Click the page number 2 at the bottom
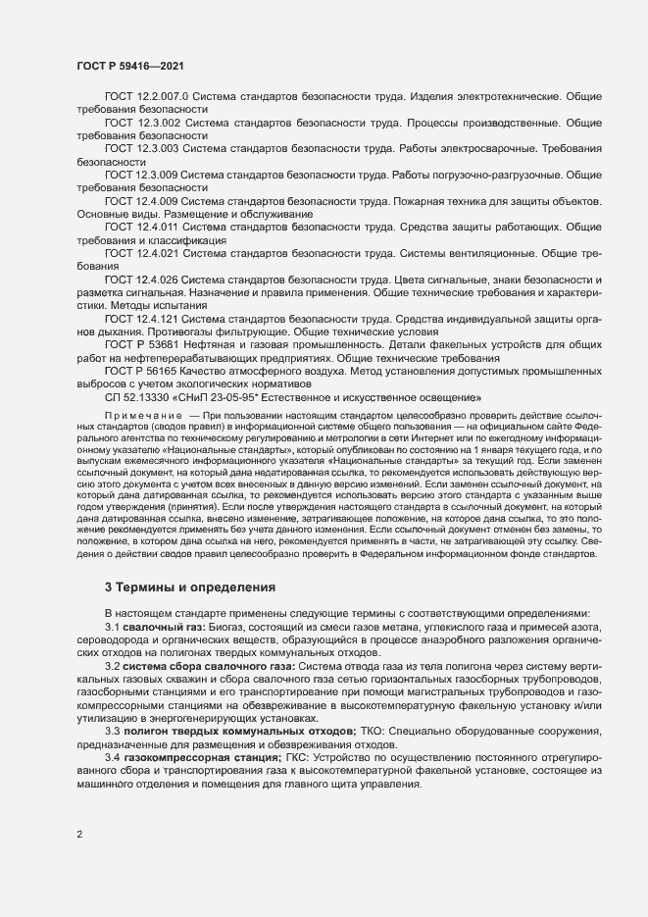pos(79,835)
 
